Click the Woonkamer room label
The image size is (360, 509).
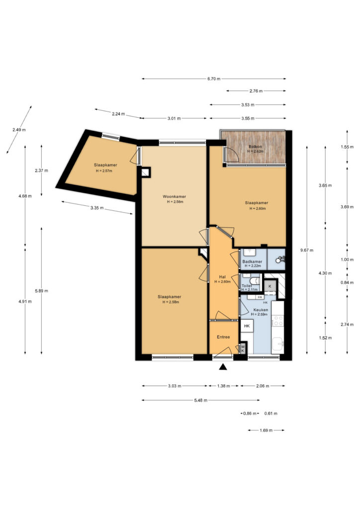point(175,196)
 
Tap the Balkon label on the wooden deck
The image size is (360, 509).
point(256,147)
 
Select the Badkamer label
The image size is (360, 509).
point(252,261)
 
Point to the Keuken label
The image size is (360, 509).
point(261,310)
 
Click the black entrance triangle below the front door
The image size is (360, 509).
point(223,367)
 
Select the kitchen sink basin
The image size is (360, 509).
point(278,344)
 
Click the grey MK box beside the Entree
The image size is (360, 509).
point(243,348)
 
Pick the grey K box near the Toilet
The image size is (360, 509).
point(270,286)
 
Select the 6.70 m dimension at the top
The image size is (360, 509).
point(214,79)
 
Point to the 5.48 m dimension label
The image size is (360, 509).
point(200,400)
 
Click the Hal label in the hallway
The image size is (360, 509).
point(222,276)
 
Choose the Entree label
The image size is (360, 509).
point(223,337)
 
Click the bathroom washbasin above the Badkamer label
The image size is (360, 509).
point(250,253)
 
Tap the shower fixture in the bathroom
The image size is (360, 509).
point(280,259)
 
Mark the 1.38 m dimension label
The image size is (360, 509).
point(223,386)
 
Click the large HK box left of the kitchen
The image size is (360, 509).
point(247,326)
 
